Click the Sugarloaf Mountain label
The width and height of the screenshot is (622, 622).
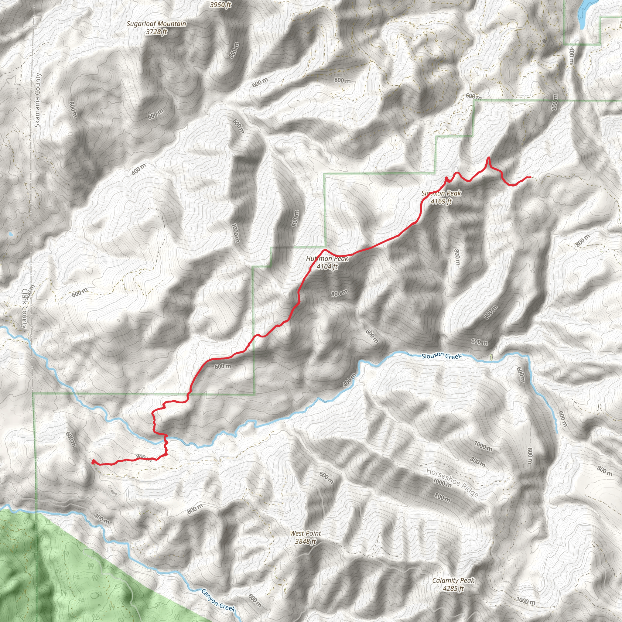[x=156, y=24]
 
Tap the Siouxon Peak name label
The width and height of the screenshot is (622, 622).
[x=441, y=193]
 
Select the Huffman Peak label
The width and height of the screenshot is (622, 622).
[x=327, y=258]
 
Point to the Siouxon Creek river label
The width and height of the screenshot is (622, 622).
[x=442, y=356]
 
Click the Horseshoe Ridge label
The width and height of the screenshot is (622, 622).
[x=452, y=482]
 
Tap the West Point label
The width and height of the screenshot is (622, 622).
[x=305, y=533]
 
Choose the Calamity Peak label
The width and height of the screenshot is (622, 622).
[x=453, y=580]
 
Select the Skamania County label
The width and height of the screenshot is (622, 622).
[x=38, y=100]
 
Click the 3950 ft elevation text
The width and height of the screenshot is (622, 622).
[x=220, y=5]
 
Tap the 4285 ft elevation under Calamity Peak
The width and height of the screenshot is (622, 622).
[x=453, y=589]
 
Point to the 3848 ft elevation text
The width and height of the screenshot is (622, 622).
[x=305, y=542]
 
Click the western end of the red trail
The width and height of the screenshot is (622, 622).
[x=93, y=462]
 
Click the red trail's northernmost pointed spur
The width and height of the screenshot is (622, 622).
[x=489, y=157]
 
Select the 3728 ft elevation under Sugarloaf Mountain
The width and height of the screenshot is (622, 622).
[x=156, y=32]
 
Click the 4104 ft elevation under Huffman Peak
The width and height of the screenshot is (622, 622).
[x=327, y=267]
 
